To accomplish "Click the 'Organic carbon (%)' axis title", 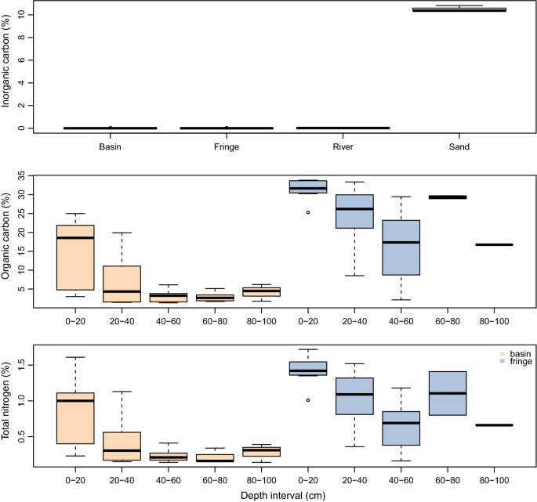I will pos(7,240).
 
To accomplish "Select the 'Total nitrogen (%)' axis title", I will pos(7,406).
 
